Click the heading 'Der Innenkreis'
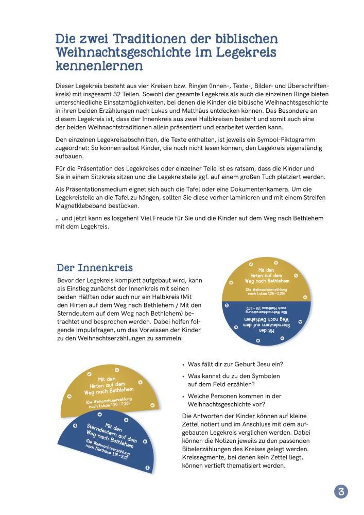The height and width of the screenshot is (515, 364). [95, 268]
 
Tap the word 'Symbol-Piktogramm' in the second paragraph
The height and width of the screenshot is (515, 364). [292, 140]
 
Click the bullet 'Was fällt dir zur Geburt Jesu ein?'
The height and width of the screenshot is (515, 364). [235, 364]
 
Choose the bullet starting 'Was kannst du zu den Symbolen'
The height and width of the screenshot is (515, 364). [234, 376]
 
